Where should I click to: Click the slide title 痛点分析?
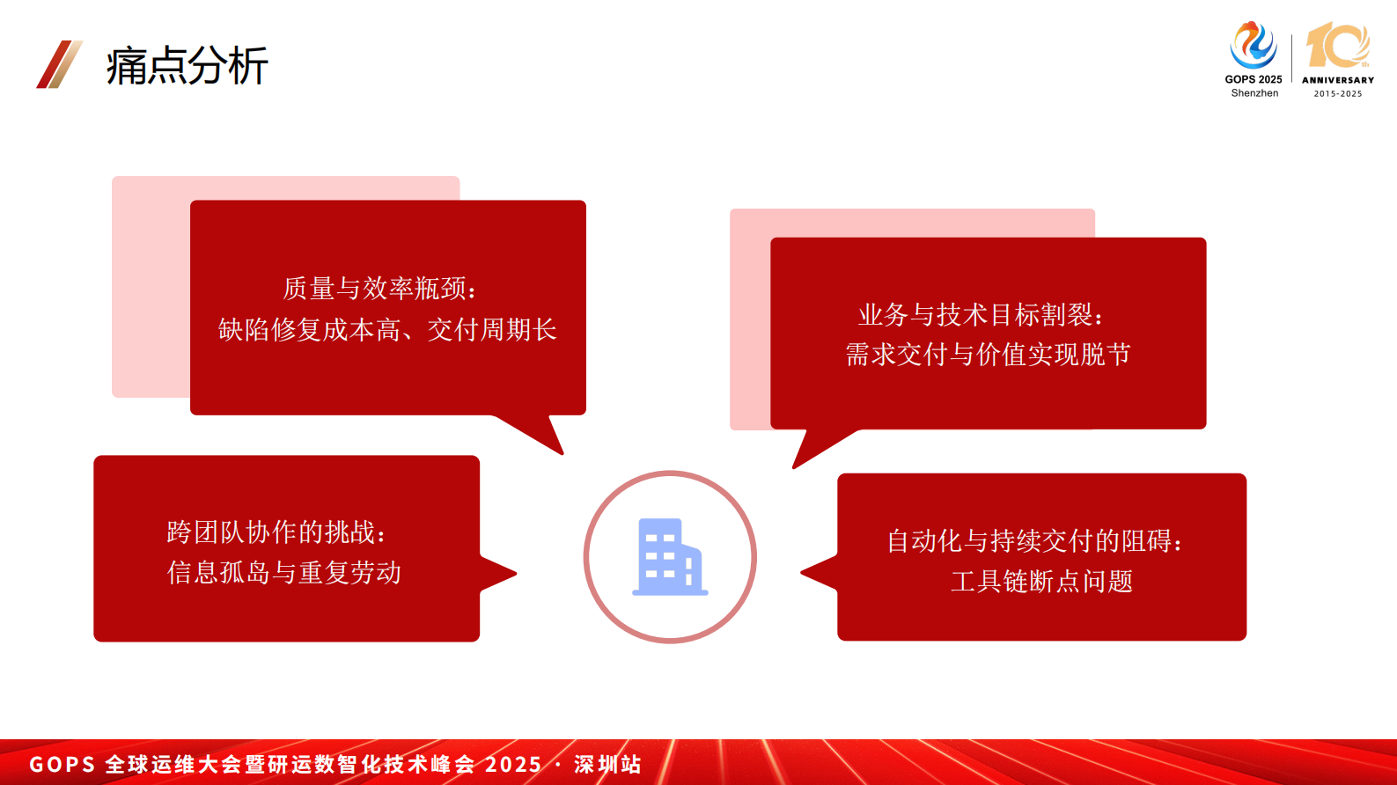(x=187, y=66)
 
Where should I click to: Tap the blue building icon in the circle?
(x=670, y=557)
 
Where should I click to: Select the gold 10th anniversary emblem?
(x=1337, y=46)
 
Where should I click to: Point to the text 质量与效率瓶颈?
(x=379, y=289)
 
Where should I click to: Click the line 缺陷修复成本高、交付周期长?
(x=387, y=330)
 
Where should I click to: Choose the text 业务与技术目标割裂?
(x=980, y=315)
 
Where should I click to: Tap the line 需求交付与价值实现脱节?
(x=988, y=355)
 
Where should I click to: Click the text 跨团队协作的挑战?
(x=276, y=532)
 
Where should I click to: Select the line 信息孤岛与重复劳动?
(x=284, y=573)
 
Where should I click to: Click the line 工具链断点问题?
(x=1041, y=582)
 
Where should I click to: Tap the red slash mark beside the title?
(x=59, y=64)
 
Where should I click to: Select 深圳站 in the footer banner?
(x=607, y=764)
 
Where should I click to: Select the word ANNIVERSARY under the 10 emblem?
(x=1338, y=80)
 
